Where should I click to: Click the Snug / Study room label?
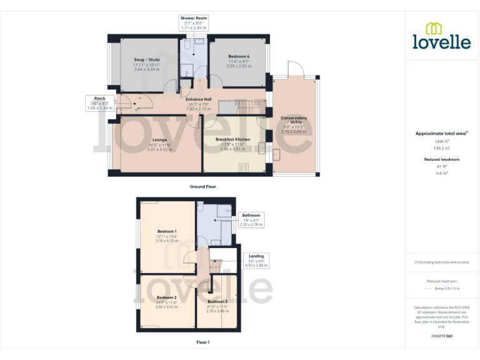point(147,64)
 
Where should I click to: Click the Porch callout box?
point(99,103)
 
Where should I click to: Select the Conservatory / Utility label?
point(293,124)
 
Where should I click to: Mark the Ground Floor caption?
point(202,186)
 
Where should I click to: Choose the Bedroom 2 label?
point(166,301)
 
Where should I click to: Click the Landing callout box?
point(256,260)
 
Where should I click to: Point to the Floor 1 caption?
point(202,342)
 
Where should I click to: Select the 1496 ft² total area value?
point(442,142)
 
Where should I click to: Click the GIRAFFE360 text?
point(441,336)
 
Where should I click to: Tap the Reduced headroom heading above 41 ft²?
point(442,159)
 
